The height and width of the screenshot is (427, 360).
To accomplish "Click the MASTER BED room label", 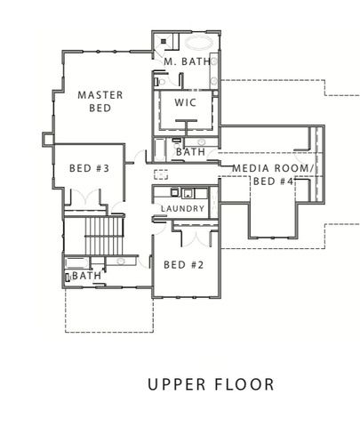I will pos(100,101).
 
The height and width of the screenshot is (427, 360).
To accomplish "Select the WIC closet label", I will pos(184,102).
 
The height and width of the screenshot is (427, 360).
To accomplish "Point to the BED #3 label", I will pos(89,168).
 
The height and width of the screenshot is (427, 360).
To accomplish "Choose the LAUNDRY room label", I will pos(183,209).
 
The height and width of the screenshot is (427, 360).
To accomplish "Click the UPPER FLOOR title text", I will pos(211,385).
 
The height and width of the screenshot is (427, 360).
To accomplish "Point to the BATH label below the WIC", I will pos(190,152).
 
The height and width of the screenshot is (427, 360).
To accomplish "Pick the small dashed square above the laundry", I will pos(161,174).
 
